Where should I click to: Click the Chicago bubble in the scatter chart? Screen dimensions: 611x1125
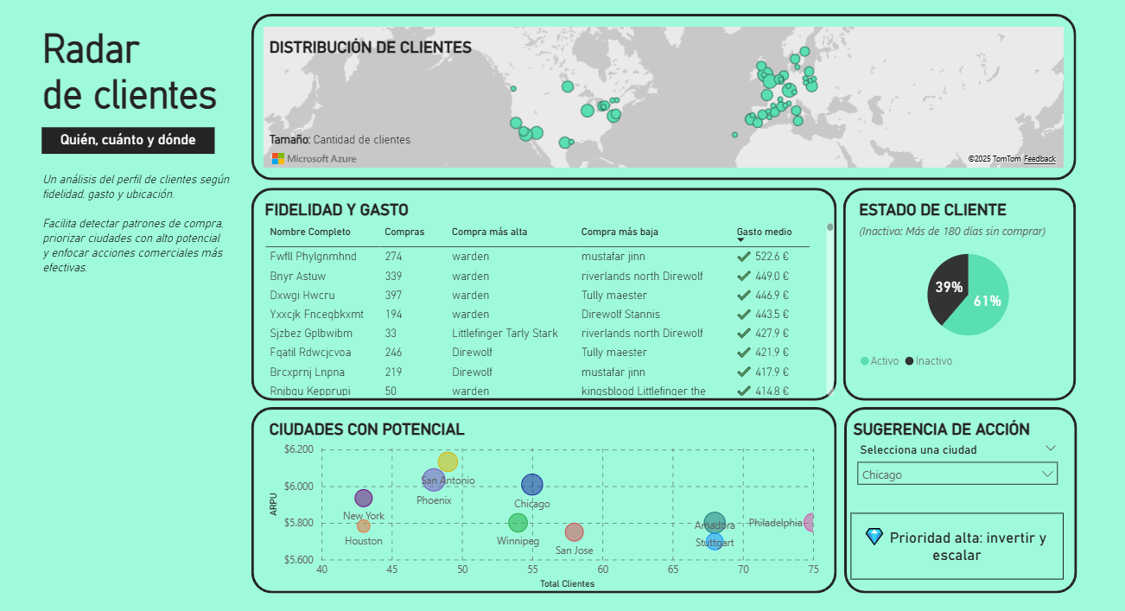532,485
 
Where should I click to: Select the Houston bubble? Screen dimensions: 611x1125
364,525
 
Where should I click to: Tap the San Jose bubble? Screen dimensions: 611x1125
575,532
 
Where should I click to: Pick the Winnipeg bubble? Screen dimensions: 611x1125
518,523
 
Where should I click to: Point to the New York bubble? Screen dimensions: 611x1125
364,498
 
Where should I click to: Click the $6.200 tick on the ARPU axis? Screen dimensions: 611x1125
299,449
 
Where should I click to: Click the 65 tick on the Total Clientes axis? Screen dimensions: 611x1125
673,570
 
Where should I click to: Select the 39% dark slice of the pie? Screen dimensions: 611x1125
946,289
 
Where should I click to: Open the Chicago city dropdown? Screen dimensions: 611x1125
957,474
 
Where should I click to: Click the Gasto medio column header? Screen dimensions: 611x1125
764,232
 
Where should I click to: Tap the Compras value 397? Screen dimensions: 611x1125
393,296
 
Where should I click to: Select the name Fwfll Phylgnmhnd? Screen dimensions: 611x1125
313,257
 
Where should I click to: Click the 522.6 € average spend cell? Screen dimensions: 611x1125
772,257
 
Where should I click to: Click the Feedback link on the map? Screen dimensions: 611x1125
1039,159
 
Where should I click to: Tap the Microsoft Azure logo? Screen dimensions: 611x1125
314,159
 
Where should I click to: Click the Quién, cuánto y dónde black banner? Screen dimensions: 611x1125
128,140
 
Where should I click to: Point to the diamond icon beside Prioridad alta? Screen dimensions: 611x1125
874,537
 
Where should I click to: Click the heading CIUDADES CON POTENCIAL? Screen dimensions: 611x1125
366,430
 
